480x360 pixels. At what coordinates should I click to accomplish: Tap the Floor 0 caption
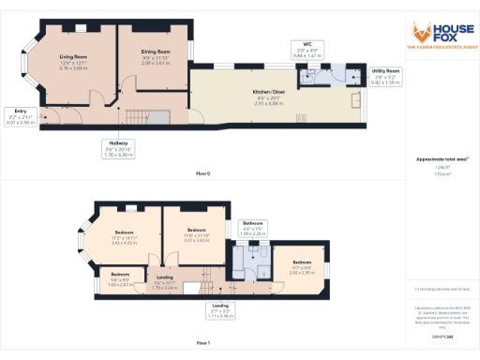203,173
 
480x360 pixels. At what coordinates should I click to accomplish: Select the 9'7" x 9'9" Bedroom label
301,265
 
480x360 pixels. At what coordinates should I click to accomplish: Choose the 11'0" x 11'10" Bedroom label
196,233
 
